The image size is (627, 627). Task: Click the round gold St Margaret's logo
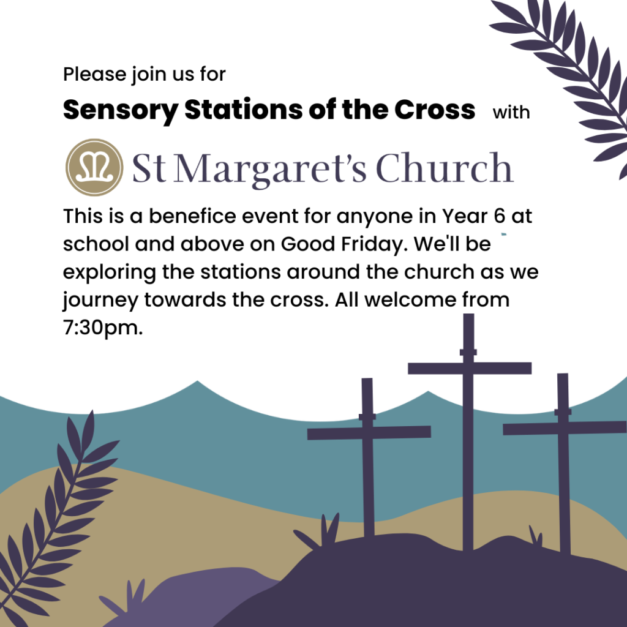(x=94, y=167)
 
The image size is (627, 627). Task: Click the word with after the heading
(x=511, y=113)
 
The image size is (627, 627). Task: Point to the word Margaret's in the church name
(x=270, y=169)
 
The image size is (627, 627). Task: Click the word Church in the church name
(x=445, y=167)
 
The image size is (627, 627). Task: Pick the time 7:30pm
(x=103, y=328)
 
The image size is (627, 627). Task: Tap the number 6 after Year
(x=500, y=216)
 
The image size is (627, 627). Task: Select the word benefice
(x=193, y=216)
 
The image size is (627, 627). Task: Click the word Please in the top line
(x=94, y=74)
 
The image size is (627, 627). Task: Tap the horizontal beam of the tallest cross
(x=470, y=368)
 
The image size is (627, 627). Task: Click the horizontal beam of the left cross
(x=369, y=433)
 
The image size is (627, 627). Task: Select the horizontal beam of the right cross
(x=565, y=428)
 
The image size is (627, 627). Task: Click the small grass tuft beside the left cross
(x=319, y=531)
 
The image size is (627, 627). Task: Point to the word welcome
(x=410, y=300)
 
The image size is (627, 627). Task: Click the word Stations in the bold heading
(x=244, y=109)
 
